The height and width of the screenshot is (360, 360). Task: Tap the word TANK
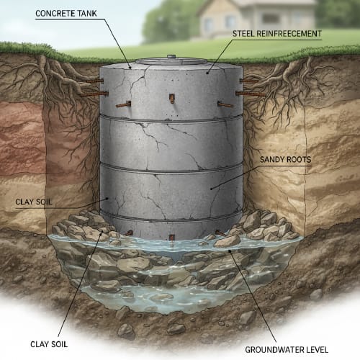(88, 14)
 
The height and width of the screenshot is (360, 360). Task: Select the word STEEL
(243, 34)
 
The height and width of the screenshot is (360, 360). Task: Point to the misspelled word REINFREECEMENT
(289, 34)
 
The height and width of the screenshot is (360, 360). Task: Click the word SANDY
(272, 160)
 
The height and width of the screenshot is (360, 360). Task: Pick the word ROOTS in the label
(299, 160)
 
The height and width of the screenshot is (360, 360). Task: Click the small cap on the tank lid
(171, 57)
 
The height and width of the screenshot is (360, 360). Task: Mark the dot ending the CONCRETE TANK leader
(130, 68)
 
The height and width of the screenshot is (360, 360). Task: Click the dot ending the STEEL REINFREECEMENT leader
(207, 72)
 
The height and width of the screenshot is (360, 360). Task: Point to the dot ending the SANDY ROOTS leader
(211, 189)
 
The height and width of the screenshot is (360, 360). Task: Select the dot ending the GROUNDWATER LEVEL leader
(230, 251)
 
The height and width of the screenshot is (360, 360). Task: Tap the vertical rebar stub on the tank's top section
(172, 99)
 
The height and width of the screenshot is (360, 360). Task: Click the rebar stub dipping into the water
(171, 238)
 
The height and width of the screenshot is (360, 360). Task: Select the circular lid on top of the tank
(171, 61)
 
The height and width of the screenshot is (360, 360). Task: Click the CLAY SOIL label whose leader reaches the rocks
(49, 344)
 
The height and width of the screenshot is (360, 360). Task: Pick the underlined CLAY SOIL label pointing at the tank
(34, 202)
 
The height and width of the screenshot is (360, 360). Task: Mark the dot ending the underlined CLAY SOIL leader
(107, 199)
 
